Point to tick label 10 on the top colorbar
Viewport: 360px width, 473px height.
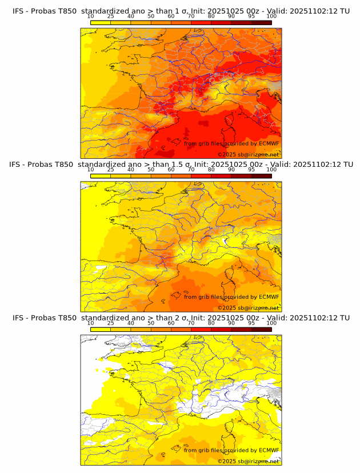(91, 16)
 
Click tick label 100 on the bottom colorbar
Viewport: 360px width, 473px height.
(271, 323)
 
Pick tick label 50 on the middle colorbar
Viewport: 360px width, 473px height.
(151, 170)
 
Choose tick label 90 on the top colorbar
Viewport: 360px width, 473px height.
(231, 16)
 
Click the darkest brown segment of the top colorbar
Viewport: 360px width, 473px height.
(261, 22)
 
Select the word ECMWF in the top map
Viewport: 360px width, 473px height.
(269, 143)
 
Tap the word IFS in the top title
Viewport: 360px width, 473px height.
(19, 11)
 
